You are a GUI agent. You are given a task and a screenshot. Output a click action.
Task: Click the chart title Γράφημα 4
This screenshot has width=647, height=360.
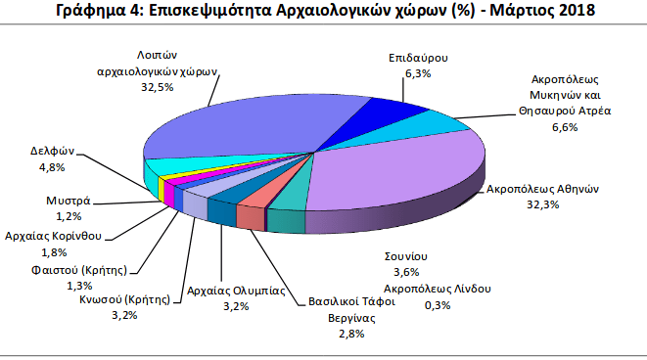323,13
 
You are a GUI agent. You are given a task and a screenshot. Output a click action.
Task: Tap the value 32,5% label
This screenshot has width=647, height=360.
157,87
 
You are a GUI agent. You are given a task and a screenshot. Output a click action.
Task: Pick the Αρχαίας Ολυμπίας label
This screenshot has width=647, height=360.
235,291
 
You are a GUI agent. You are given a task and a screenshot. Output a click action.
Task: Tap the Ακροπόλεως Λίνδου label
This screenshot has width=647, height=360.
437,290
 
